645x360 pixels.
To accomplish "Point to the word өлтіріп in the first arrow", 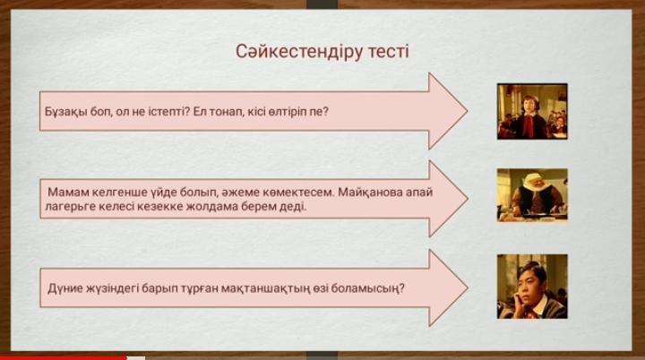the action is pos(287,112).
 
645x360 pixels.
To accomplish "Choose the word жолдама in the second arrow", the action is pos(211,206).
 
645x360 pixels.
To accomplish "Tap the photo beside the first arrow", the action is pos(532,112).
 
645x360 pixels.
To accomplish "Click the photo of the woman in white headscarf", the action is pos(532,194).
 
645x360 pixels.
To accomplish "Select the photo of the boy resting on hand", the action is pos(532,287).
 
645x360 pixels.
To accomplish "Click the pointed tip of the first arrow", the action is pos(468,111).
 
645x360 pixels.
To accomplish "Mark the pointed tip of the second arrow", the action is pos(468,199).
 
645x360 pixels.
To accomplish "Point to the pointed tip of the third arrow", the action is pos(468,287).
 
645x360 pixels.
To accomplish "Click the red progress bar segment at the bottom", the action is pos(64,358).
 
